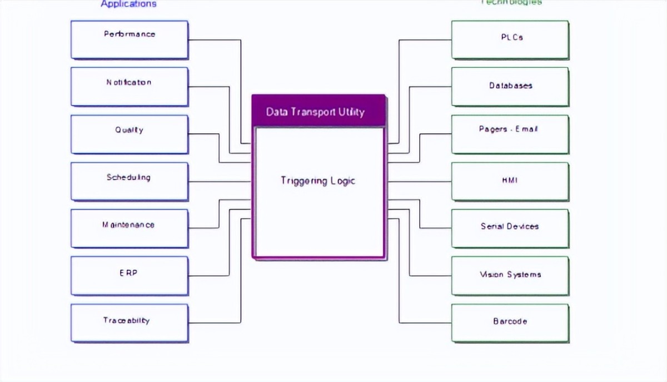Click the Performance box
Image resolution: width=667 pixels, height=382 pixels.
click(130, 39)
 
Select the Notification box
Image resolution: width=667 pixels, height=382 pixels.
click(130, 87)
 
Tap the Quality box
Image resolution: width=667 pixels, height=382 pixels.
click(130, 134)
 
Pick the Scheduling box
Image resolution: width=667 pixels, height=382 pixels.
click(130, 181)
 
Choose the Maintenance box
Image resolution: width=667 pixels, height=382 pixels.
click(130, 229)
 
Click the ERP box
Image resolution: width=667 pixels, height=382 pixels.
click(130, 276)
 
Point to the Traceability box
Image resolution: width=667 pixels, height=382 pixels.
click(130, 323)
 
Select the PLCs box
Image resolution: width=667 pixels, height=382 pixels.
click(510, 39)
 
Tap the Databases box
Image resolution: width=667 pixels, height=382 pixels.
click(510, 87)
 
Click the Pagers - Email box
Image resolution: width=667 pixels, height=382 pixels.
click(510, 134)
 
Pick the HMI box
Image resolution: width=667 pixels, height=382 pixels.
click(510, 181)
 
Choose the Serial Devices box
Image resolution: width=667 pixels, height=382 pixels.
click(510, 229)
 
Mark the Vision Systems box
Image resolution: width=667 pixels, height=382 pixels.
click(510, 276)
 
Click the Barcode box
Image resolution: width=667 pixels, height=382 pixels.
click(510, 323)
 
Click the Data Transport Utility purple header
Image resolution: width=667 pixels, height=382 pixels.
click(318, 111)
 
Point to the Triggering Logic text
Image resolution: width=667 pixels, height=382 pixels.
click(318, 181)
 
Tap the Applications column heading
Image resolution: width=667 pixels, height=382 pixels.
click(128, 4)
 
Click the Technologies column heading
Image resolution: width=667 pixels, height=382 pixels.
click(511, 2)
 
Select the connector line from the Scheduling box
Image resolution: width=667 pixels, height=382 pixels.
click(220, 181)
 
